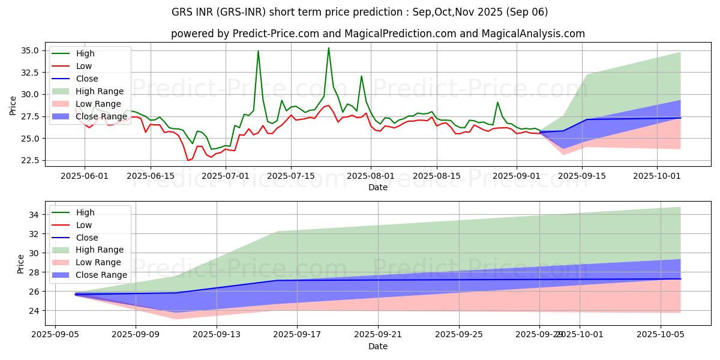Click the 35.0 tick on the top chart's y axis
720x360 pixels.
pyautogui.click(x=31, y=50)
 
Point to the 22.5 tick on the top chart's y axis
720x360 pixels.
pyautogui.click(x=31, y=160)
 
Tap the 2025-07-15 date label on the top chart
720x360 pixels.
pyautogui.click(x=290, y=176)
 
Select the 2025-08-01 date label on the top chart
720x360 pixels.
pyautogui.click(x=371, y=176)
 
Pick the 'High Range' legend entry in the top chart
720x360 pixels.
pyautogui.click(x=100, y=91)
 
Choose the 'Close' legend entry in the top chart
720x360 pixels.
pyautogui.click(x=87, y=79)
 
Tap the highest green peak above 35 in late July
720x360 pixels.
pyautogui.click(x=328, y=48)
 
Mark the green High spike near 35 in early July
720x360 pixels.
pyautogui.click(x=258, y=51)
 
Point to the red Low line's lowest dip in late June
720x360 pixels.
pyautogui.click(x=188, y=160)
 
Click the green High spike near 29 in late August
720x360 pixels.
pyautogui.click(x=497, y=102)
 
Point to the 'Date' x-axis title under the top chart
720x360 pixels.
pyautogui.click(x=378, y=187)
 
